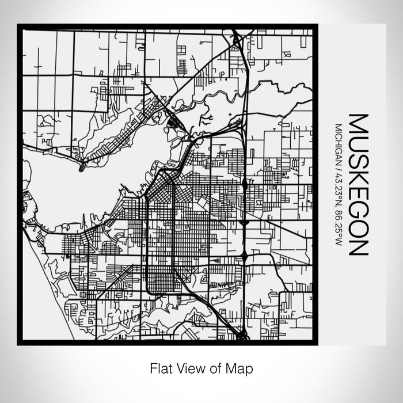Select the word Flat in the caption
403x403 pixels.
(160, 367)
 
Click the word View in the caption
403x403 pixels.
(187, 367)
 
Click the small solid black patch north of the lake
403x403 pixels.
(173, 122)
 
